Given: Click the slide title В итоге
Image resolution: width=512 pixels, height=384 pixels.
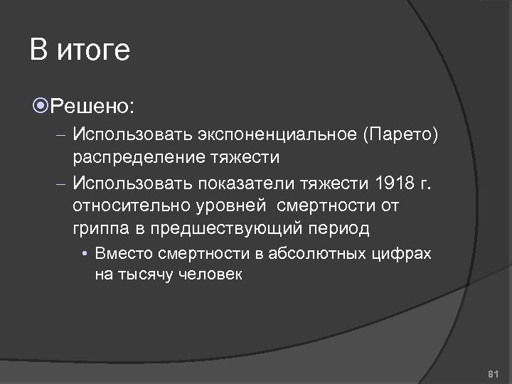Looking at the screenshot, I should point(80,51).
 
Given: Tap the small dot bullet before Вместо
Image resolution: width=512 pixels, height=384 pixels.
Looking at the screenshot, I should point(85,255).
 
